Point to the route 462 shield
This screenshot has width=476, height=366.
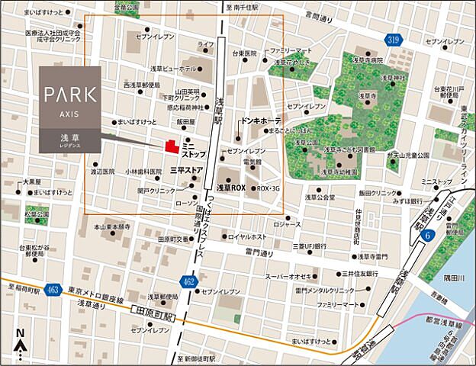191,284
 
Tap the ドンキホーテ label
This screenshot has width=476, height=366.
261,121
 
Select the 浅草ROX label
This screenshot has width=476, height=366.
231,187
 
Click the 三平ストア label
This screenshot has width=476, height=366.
185,169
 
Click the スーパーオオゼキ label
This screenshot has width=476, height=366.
286,276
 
